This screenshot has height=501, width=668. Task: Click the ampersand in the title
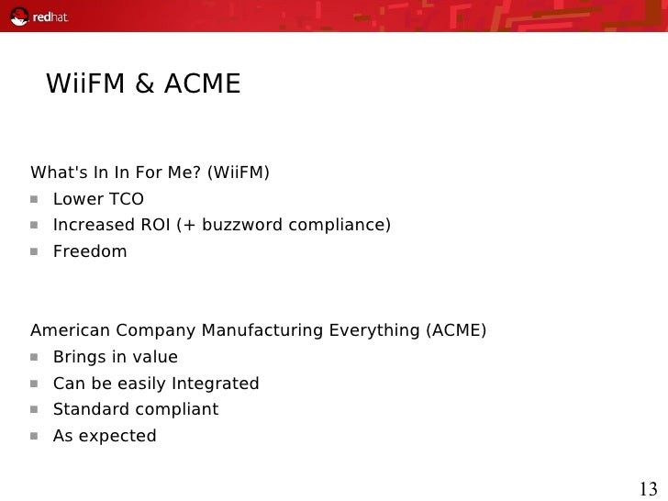coord(144,85)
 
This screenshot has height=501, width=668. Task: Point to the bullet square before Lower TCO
coord(37,199)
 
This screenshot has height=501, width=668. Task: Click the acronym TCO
coord(125,199)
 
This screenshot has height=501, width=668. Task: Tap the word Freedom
coord(90,250)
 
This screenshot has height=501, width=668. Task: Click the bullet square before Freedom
coord(37,251)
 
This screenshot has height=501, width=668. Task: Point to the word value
coord(155,357)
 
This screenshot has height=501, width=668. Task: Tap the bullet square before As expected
coord(37,436)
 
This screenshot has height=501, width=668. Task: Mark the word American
coord(68,330)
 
